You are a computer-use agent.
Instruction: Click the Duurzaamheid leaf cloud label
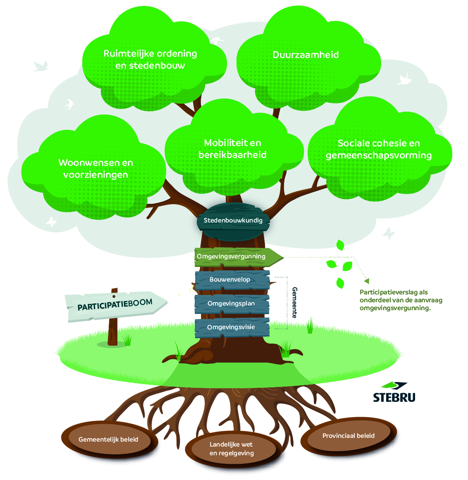306,55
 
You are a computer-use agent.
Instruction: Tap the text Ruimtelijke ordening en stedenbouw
150,59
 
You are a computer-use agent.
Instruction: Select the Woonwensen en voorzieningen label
96,168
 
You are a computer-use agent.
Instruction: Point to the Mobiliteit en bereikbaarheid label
232,149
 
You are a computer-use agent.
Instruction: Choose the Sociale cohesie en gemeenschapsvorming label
379,149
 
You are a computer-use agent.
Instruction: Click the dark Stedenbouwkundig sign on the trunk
233,220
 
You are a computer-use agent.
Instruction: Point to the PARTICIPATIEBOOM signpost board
115,305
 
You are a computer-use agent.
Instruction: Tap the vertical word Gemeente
294,302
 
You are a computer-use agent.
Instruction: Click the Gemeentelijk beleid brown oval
108,439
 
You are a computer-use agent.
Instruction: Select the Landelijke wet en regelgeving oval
232,449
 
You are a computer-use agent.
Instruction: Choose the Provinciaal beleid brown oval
348,436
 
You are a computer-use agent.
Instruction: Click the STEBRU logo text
394,398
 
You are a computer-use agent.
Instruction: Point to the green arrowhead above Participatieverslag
366,281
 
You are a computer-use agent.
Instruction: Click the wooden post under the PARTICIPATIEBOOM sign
112,333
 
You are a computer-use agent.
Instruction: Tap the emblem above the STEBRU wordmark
394,385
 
